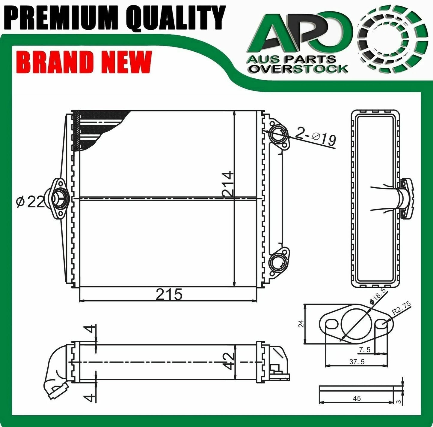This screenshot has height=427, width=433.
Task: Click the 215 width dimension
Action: [169, 295]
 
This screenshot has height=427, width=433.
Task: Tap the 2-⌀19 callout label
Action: [315, 137]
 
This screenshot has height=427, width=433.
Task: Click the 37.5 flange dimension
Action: [357, 362]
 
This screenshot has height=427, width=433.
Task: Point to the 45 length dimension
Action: [357, 398]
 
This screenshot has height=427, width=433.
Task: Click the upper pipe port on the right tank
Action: [278, 136]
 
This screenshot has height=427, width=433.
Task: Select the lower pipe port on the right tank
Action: [278, 260]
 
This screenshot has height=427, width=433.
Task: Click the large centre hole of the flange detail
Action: [355, 324]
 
